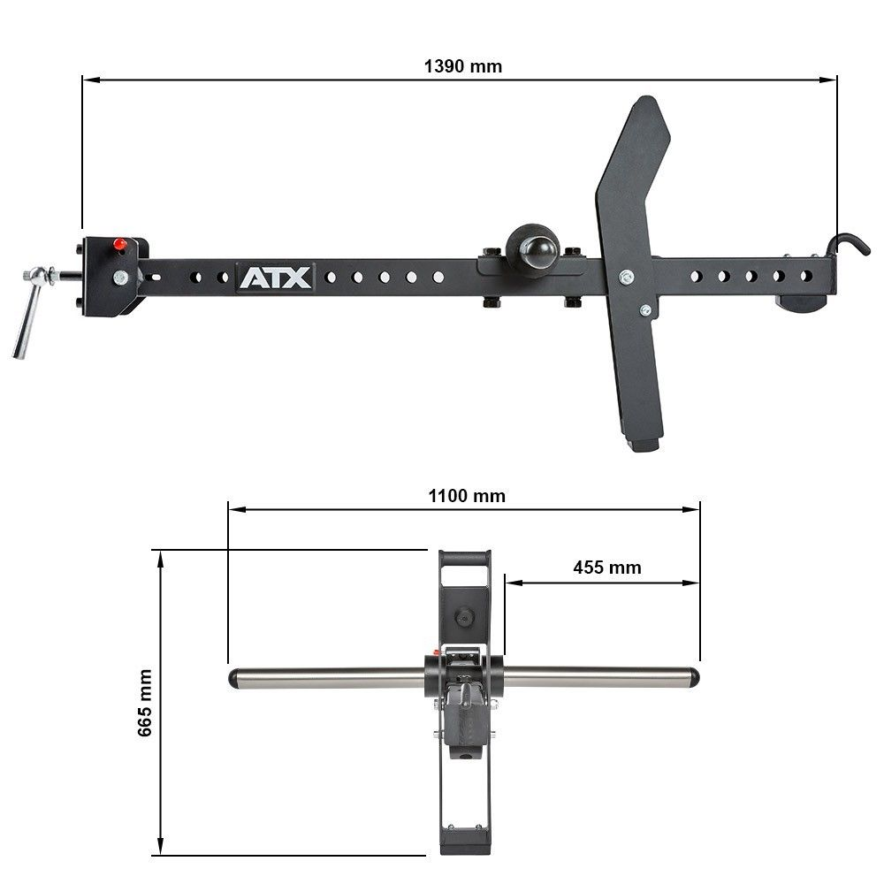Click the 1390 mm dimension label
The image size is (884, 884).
click(x=462, y=66)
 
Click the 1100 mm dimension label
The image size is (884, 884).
click(x=467, y=496)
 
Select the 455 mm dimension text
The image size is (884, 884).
click(x=606, y=568)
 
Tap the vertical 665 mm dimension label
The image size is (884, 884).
click(x=145, y=703)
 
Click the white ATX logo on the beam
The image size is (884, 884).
click(x=274, y=277)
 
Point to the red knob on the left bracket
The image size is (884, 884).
click(x=118, y=244)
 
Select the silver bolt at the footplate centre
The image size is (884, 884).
click(x=627, y=277)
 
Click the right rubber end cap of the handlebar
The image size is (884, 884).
click(x=694, y=678)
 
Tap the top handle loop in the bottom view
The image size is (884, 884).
click(x=463, y=559)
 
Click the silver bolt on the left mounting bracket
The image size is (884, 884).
click(x=119, y=278)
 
